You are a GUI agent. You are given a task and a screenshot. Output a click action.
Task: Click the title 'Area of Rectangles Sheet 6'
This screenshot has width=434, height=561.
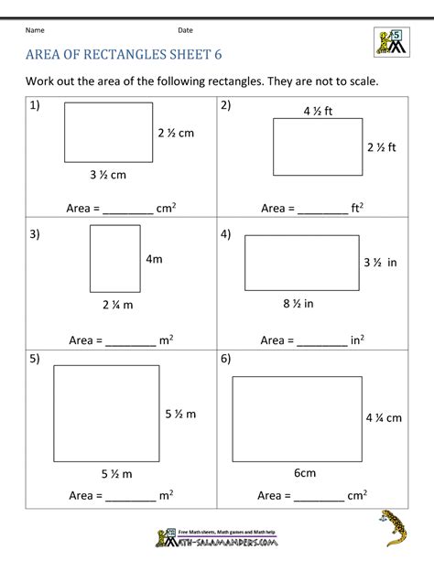(x=125, y=53)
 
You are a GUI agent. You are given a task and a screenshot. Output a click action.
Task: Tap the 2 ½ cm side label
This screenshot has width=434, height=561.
(x=177, y=133)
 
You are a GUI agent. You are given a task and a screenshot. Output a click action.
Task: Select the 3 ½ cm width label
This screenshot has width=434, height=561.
(x=109, y=175)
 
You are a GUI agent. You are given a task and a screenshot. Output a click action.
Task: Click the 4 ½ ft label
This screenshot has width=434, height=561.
(x=318, y=112)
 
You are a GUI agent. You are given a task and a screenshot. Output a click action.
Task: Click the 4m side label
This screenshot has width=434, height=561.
(x=154, y=259)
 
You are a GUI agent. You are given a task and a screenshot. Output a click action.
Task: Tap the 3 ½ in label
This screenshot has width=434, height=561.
(x=378, y=262)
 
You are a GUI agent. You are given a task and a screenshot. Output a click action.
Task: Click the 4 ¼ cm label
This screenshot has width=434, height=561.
(x=384, y=418)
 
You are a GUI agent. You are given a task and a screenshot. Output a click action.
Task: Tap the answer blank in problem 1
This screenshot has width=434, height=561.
(x=127, y=210)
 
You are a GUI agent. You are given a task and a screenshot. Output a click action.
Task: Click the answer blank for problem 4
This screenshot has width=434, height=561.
(x=322, y=341)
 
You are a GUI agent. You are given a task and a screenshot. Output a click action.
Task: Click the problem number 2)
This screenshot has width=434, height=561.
(x=225, y=105)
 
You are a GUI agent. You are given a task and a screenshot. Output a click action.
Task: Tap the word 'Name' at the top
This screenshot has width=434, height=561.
(x=36, y=30)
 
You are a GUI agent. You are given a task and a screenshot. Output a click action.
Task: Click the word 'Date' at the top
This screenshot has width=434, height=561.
(x=185, y=30)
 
